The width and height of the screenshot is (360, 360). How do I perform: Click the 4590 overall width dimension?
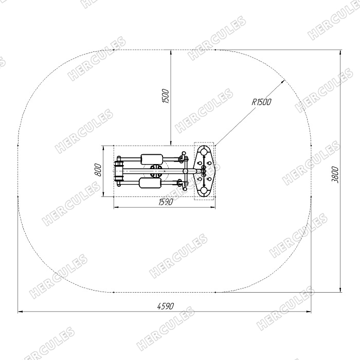tap(166, 306)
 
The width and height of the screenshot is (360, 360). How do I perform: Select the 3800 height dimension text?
tap(335, 174)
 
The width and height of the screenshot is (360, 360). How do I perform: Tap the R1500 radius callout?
tap(261, 102)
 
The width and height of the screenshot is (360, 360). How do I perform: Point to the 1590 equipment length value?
tap(166, 202)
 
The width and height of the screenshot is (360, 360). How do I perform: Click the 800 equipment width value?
tap(98, 170)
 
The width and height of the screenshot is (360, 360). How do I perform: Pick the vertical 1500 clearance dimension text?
tap(166, 96)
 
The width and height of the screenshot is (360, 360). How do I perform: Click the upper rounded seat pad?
tap(152, 159)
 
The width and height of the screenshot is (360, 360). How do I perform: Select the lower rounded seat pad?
tap(150, 183)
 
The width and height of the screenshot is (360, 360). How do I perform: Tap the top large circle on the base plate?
tap(204, 152)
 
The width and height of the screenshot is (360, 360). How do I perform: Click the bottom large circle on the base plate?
tap(204, 191)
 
